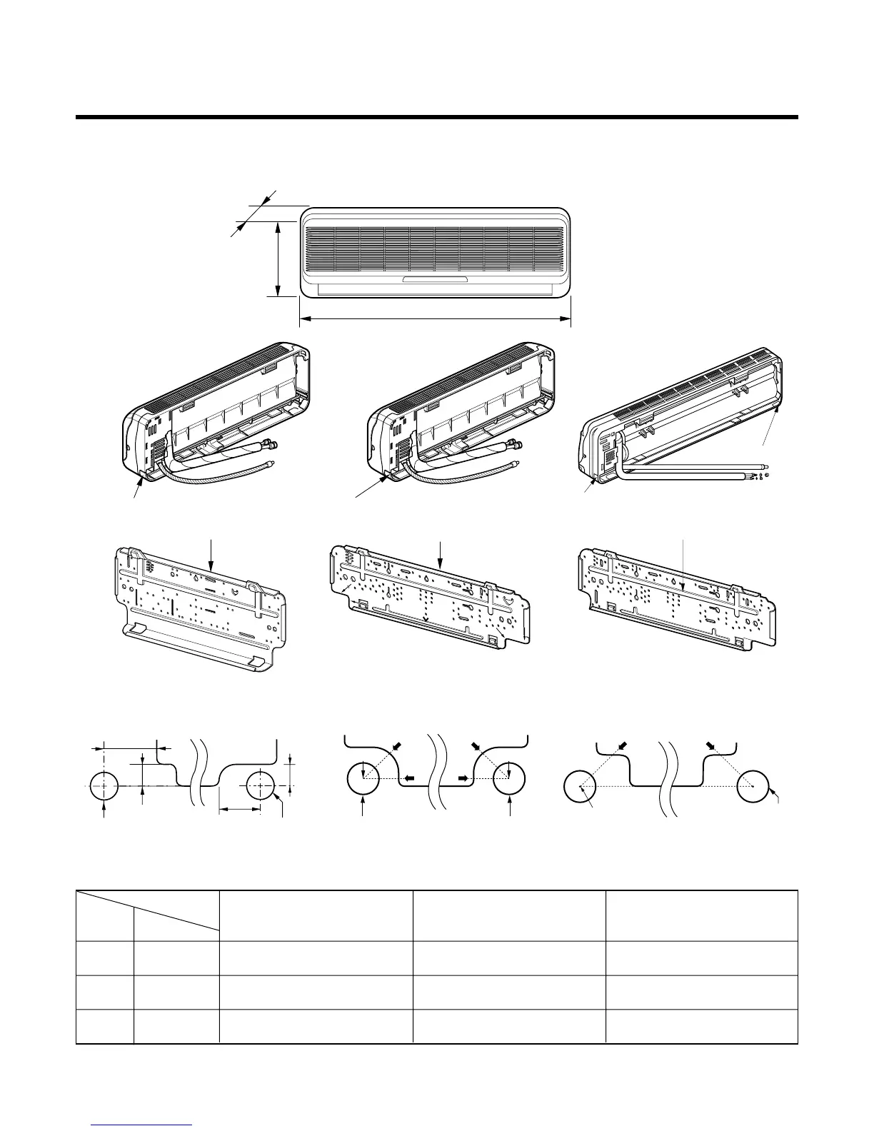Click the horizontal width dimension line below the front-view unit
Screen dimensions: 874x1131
435,320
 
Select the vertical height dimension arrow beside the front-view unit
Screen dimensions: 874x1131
277,258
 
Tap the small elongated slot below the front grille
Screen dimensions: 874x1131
435,279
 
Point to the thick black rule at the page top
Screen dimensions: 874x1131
436,117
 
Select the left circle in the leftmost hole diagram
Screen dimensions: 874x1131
105,785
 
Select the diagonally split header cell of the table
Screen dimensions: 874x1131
148,915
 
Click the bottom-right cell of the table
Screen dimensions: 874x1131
701,1027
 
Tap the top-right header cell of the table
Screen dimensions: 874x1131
701,915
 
